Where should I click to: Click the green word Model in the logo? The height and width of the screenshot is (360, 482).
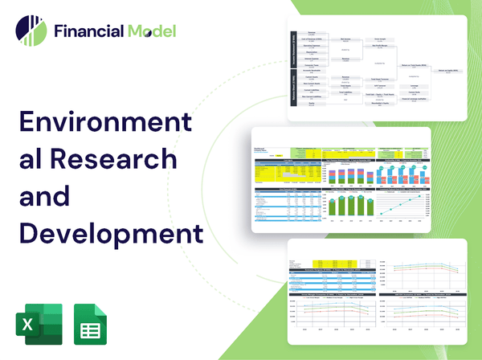pyautogui.click(x=149, y=31)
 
